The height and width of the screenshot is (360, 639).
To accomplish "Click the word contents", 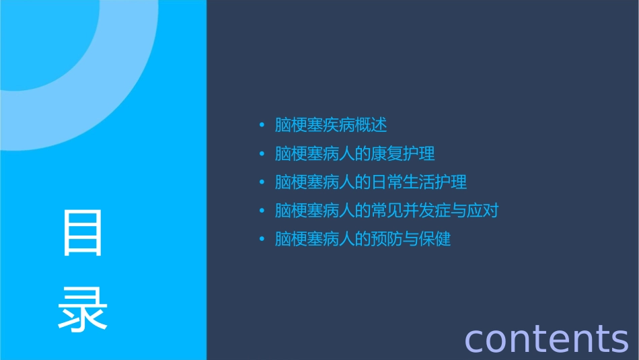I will pyautogui.click(x=546, y=338).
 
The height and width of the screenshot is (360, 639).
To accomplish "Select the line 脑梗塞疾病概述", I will pyautogui.click(x=331, y=125).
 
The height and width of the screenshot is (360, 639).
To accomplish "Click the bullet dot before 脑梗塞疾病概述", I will pyautogui.click(x=262, y=125).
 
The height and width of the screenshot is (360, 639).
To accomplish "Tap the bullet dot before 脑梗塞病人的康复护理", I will pyautogui.click(x=262, y=154).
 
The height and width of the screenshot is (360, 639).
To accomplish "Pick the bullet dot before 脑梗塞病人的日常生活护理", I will pyautogui.click(x=262, y=182).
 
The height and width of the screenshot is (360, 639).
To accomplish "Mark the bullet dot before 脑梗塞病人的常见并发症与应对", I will pyautogui.click(x=262, y=211).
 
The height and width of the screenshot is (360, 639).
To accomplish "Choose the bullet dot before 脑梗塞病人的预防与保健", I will pyautogui.click(x=262, y=239).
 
